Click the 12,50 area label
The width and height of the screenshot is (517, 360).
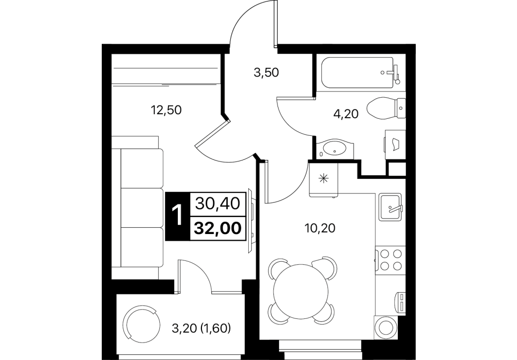coord(166,110)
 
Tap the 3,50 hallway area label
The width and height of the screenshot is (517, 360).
coord(266,73)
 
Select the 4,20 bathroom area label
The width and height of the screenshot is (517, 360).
coord(345,114)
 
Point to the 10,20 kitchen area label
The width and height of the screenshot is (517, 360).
coord(320,228)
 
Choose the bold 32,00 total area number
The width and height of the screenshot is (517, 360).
coord(217,228)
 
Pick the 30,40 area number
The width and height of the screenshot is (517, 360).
coord(217,204)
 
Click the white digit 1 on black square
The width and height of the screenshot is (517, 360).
coord(178,216)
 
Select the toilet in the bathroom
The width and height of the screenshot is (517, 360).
coord(386,108)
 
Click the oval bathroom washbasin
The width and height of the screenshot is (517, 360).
coord(335,149)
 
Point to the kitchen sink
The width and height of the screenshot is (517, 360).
coord(391,207)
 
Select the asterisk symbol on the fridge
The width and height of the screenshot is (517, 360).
coord(323,178)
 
